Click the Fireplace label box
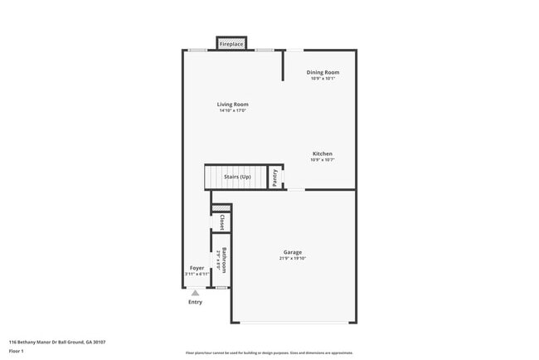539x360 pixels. coord(231,43)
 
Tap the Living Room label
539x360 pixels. coord(233,105)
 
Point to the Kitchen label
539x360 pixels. coord(323,154)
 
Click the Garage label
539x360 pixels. coord(293,252)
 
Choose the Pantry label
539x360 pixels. coord(274,178)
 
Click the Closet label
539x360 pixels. coord(222,222)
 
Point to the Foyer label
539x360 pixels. coord(197,268)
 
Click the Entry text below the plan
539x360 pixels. coord(195,302)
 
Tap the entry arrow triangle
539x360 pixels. coord(195,293)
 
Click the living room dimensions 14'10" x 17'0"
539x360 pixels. coord(234,111)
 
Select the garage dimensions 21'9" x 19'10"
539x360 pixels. coord(293,259)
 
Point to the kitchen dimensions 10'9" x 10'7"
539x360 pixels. coord(323,161)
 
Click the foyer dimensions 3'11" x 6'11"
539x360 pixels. coord(196,275)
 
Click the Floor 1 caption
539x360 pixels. coord(17,352)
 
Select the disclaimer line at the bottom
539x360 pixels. coord(269,353)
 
